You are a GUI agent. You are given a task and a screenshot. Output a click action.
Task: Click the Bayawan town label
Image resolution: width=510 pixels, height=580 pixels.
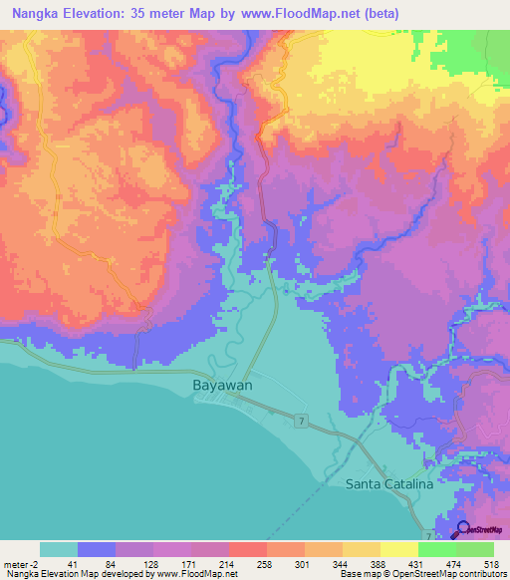(220, 384)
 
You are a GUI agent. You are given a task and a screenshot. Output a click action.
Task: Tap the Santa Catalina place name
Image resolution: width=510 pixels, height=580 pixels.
(388, 484)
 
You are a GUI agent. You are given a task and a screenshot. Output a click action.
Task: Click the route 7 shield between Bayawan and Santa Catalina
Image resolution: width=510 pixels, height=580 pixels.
(300, 423)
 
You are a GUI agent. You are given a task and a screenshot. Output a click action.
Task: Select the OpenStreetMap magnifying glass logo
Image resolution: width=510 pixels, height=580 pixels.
(463, 531)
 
